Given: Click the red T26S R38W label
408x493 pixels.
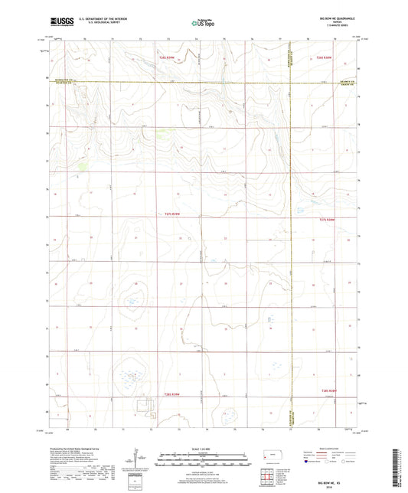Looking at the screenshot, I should pos(328,58).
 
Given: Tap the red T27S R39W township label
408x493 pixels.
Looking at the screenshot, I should pos(175,214).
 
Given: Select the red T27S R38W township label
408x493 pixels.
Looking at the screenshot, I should pos(327,220).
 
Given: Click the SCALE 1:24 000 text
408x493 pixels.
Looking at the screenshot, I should pos(202,448).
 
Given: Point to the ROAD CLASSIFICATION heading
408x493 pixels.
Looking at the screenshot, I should pos(329,448).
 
